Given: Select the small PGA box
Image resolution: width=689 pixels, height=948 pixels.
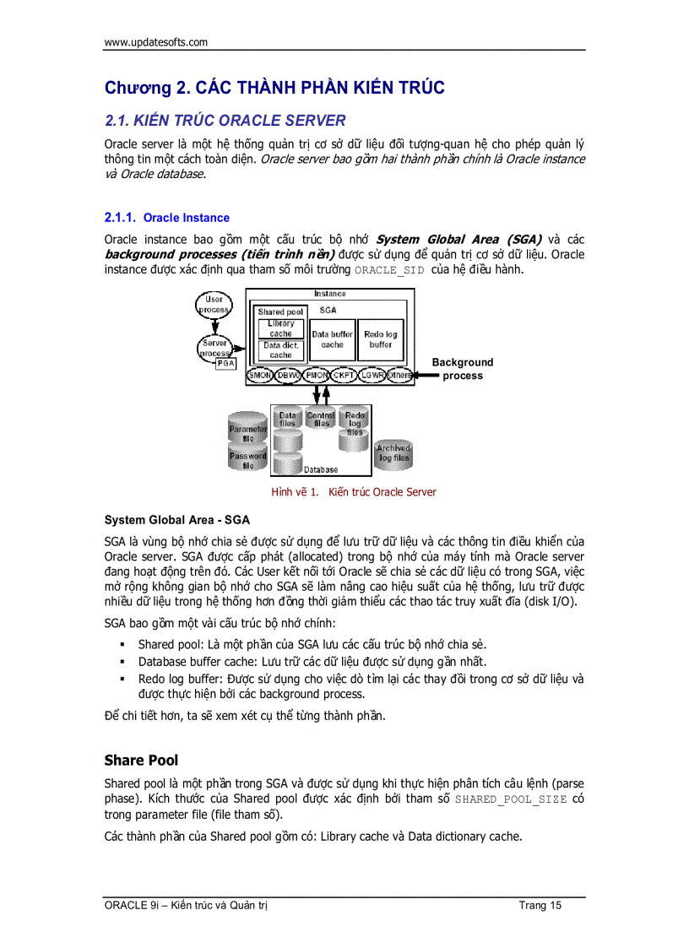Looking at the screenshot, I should tap(225, 363).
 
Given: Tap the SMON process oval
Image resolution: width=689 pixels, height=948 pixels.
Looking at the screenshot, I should tap(259, 375).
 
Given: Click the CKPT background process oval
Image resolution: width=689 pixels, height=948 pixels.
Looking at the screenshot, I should tap(344, 375).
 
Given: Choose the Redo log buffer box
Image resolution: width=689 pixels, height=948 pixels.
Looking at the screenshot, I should tap(381, 339).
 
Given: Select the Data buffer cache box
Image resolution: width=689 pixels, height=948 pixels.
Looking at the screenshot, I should tap(333, 339).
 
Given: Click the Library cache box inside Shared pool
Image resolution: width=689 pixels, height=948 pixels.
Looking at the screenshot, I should tap(280, 328).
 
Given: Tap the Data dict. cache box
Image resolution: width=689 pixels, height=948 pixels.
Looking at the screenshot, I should tap(280, 350).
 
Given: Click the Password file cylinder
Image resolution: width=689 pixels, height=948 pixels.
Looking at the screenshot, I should tap(247, 459).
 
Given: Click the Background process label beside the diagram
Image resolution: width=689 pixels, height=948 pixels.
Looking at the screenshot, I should tap(463, 369).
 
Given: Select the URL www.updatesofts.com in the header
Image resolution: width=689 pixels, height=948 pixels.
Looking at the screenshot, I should tap(156, 42).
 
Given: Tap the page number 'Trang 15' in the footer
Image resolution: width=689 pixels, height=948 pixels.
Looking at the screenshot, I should tap(540, 906).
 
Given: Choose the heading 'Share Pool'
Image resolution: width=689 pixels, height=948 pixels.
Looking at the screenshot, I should tap(141, 760).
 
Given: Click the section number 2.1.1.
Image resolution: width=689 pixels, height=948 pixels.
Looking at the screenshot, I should tap(120, 218).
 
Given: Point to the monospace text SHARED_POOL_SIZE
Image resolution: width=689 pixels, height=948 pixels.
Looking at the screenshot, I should tap(511, 799).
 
